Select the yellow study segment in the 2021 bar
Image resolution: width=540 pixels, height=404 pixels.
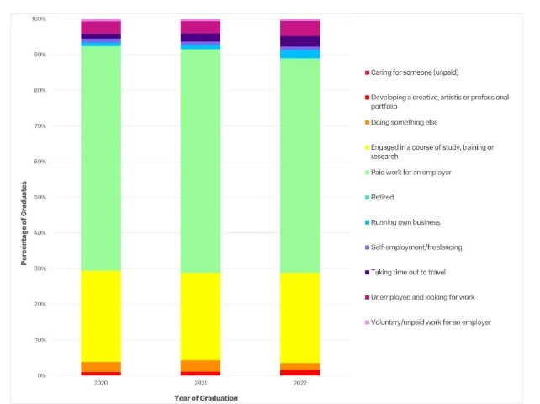click(200, 316)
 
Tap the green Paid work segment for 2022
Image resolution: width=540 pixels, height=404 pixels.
click(299, 165)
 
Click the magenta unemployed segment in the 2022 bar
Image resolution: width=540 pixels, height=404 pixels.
click(299, 29)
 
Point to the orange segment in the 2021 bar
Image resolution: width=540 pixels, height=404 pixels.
click(200, 366)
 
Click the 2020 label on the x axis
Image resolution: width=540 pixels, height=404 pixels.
click(101, 383)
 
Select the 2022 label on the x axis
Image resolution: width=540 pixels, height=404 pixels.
click(299, 383)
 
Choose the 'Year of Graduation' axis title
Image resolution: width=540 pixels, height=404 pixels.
click(200, 397)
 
